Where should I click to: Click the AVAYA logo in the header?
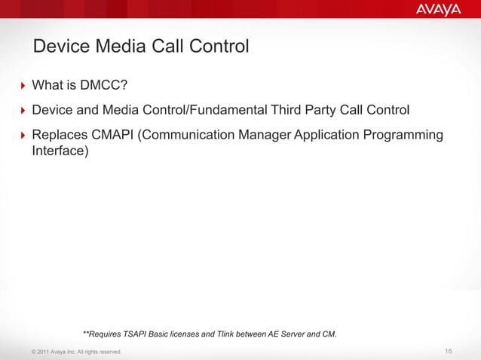(x=437, y=9)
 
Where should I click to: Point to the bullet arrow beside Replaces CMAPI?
(x=22, y=135)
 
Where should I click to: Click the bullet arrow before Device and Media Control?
(x=22, y=111)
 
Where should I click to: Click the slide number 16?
(x=449, y=352)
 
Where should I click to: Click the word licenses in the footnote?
(x=200, y=333)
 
